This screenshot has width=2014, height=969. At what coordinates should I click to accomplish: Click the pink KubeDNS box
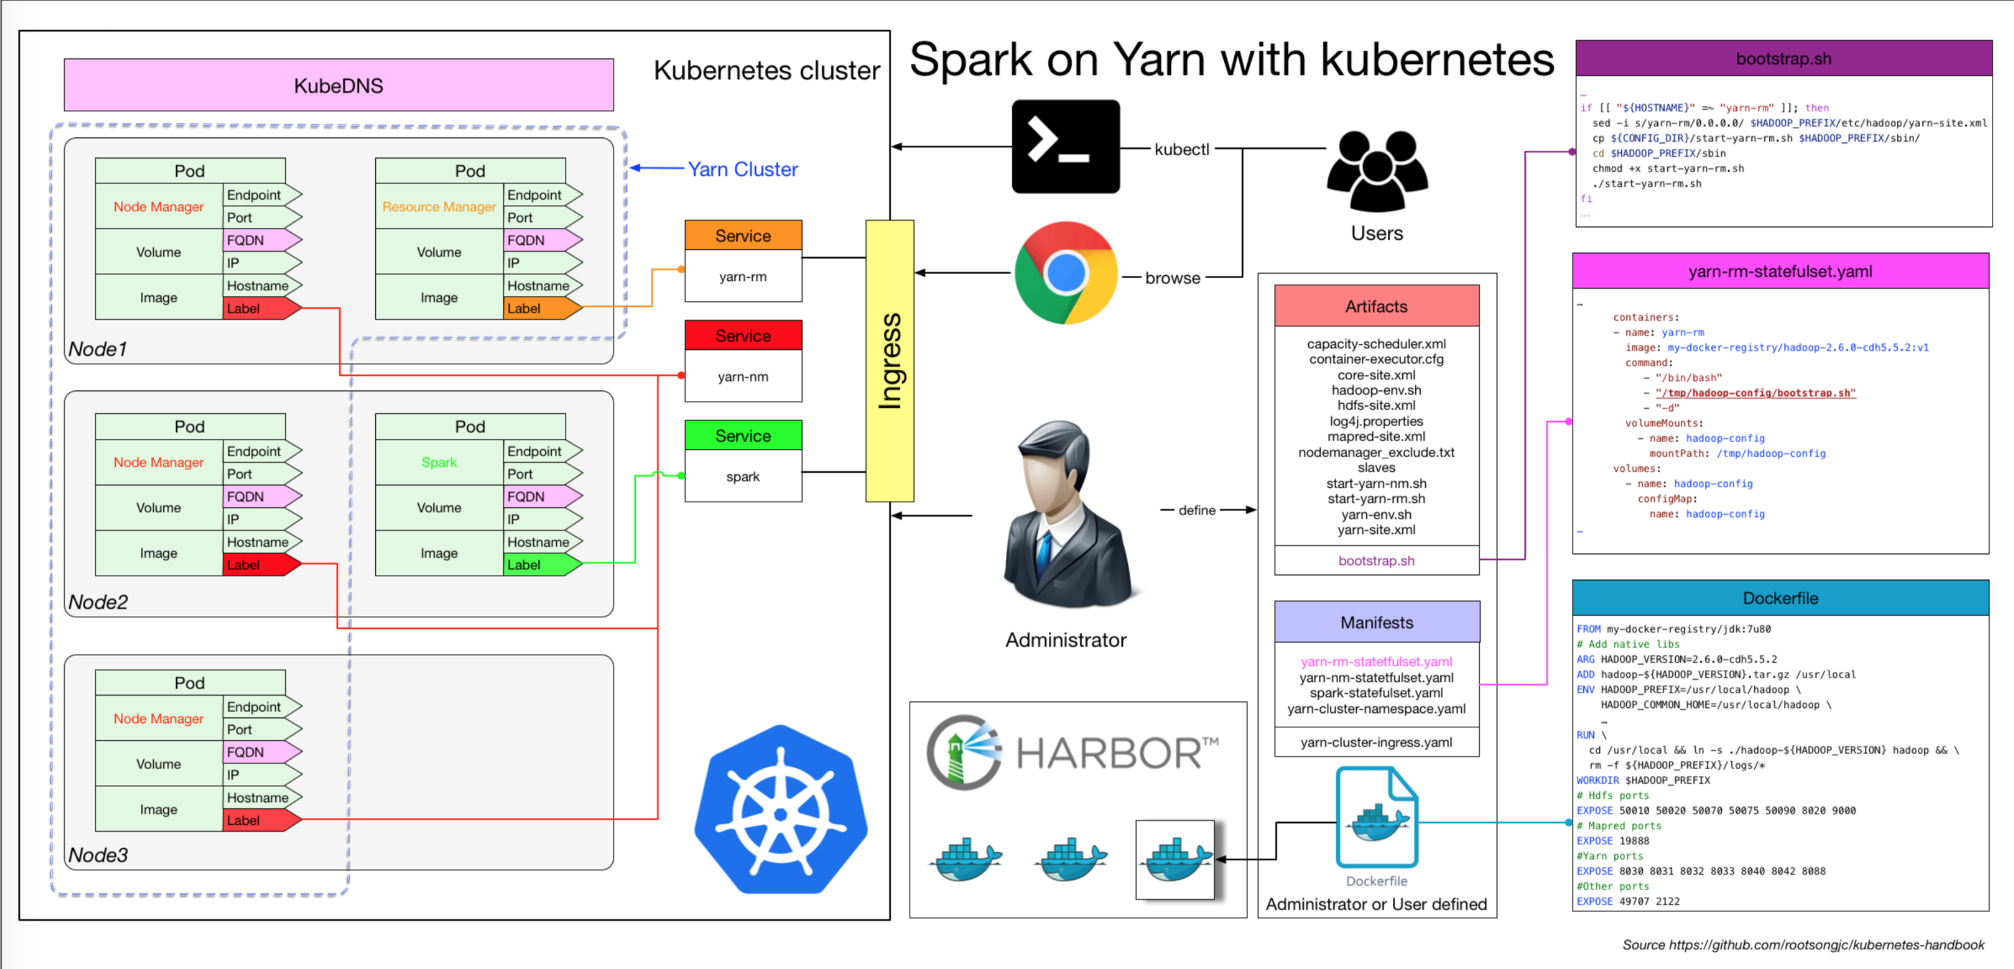(x=338, y=85)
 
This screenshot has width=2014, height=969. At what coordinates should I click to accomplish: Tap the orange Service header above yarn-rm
(x=743, y=235)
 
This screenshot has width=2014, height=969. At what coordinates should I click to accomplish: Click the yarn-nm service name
(x=743, y=376)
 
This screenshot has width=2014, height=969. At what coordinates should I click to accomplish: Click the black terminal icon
(x=1065, y=146)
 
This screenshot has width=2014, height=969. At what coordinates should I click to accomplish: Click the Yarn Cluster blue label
(x=743, y=169)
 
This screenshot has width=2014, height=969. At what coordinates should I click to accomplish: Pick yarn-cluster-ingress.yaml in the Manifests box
(x=1376, y=742)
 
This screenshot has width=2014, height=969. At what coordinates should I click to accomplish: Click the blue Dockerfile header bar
(x=1779, y=598)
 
